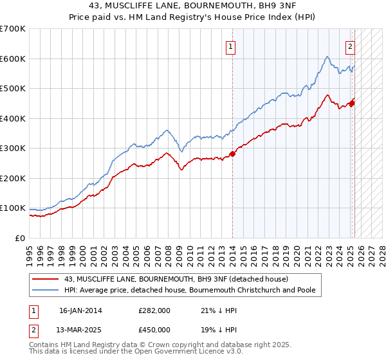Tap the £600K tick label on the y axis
click(13, 59)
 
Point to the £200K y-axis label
click(13, 178)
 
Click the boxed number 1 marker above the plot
click(230, 46)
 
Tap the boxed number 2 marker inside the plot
click(351, 46)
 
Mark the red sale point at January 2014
click(233, 154)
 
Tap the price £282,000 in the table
click(154, 310)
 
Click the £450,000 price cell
click(154, 330)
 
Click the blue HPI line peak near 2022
click(327, 57)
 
